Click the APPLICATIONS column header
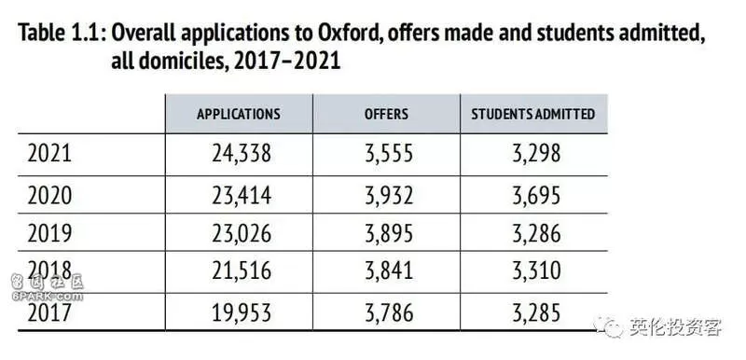(239, 114)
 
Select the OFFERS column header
(386, 114)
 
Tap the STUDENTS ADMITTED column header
(533, 114)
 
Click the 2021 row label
(49, 154)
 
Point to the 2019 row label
(49, 233)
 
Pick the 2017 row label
(49, 313)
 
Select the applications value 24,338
(242, 154)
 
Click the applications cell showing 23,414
(242, 196)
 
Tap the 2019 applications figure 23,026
(242, 234)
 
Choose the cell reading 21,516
(242, 271)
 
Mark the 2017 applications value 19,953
(242, 313)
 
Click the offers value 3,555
(389, 154)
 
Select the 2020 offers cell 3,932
(389, 196)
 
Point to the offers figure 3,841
(389, 271)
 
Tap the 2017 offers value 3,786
(389, 313)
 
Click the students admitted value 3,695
(536, 196)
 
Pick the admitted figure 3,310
(536, 271)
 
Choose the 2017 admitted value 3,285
(536, 313)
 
